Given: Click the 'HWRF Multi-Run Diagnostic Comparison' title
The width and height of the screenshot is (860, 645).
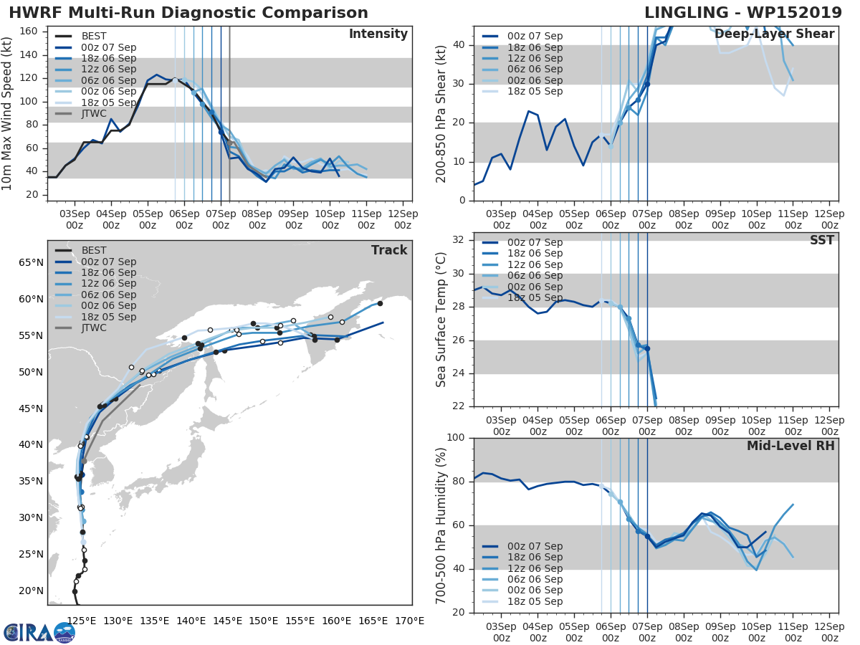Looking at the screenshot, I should pos(188,13).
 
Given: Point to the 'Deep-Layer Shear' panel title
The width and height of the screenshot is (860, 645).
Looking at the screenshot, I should pos(775,34).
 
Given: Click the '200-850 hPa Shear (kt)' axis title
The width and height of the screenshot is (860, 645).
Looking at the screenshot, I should pos(441,113).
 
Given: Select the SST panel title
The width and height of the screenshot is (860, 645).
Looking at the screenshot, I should pos(821,240).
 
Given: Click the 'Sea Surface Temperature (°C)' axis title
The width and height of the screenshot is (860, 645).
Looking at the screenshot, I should pos(441,320).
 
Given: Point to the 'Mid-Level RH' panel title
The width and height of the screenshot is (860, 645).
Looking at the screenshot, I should pos(790,446).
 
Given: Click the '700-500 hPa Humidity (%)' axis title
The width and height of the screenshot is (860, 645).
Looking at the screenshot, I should pos(441,525).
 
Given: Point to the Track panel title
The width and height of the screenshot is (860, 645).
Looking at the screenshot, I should pos(389,250).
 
